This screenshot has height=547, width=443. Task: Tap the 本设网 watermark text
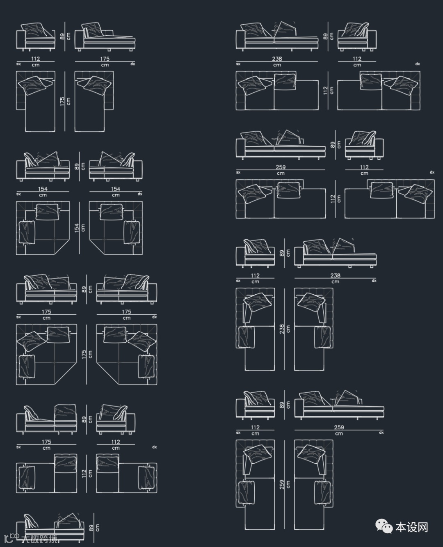pos(411,527)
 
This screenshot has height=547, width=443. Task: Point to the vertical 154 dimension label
pos(76,228)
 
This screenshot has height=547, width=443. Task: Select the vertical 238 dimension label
pos(281,329)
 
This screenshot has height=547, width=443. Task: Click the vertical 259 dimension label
pos(281,485)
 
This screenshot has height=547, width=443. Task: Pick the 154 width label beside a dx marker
pos(115,189)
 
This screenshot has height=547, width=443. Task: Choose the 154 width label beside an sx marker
pos(43,189)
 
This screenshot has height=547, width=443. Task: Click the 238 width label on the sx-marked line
pos(277,59)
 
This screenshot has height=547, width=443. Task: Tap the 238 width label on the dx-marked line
pos(335,275)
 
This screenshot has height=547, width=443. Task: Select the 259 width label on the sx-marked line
pos(281,167)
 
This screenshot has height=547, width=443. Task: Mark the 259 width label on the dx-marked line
pos(339,427)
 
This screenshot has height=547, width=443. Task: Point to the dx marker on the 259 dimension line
pos(381,433)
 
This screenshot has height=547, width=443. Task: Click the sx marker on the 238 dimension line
pos(238,64)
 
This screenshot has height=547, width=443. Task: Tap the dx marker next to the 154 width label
pos(140,194)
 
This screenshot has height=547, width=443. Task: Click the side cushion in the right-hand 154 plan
pos(132,233)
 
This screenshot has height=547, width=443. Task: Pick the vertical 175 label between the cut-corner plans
pos(84,355)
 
